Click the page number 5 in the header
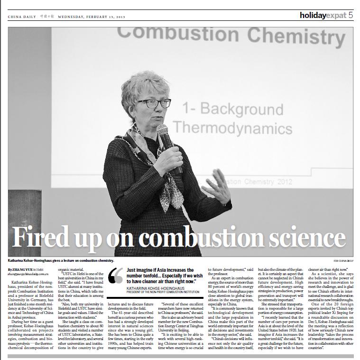350,15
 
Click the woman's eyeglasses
154,102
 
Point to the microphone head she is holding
162,131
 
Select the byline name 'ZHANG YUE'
23,269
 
